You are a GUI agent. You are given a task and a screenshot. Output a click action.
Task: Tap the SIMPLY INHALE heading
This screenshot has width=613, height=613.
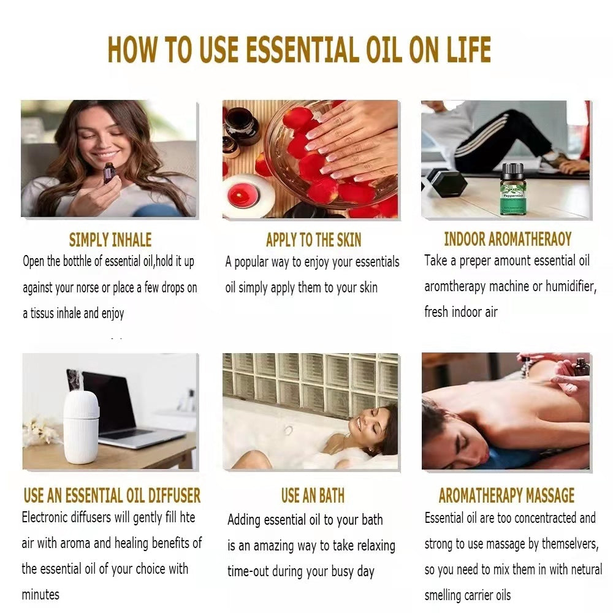(110, 240)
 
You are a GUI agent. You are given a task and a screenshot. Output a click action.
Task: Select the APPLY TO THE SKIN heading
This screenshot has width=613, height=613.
(313, 240)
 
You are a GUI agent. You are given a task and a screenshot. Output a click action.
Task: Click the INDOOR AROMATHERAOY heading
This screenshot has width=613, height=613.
(508, 238)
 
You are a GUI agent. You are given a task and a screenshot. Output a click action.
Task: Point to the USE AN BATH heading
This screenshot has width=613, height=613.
(313, 495)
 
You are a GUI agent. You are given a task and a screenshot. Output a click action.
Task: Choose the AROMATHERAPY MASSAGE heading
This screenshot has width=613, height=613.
(506, 495)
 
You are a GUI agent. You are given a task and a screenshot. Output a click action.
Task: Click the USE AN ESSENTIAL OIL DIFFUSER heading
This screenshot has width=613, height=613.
(112, 495)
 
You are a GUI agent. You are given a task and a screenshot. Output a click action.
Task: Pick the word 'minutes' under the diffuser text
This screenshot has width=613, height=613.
(40, 595)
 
